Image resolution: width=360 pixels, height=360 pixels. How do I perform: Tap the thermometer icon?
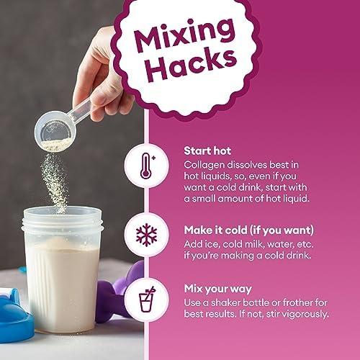click(148, 166)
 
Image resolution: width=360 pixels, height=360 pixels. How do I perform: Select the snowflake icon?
click(146, 235)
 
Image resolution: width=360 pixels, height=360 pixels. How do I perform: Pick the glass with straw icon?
click(147, 299)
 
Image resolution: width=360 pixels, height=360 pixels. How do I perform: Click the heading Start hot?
click(207, 151)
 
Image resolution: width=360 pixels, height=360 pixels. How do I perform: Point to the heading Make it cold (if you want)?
click(249, 230)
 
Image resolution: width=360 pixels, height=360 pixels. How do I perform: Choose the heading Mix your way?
click(218, 289)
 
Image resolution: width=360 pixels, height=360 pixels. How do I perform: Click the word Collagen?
click(204, 166)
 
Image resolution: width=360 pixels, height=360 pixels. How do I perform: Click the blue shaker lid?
click(14, 315)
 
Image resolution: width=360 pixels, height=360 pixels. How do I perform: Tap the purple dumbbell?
click(120, 292)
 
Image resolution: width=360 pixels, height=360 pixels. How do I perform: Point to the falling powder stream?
click(55, 182)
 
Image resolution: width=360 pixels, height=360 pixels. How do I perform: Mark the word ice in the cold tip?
click(211, 244)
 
